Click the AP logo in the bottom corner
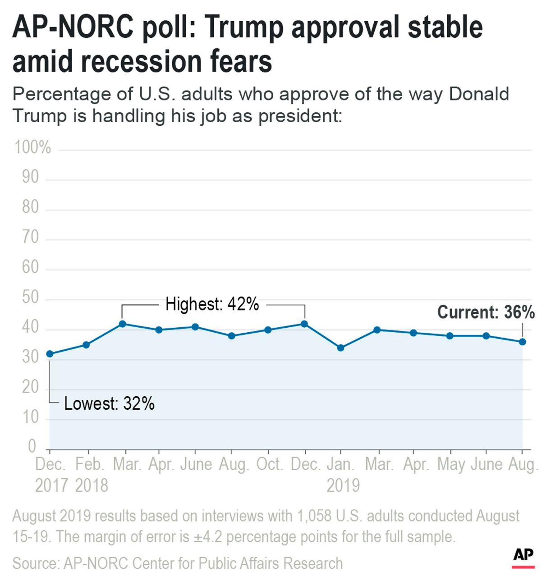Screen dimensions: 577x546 coord(523,557)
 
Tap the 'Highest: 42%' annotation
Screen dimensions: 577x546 coord(212,304)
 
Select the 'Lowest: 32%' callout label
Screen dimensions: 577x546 coord(109,403)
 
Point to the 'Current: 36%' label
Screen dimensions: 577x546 coord(486,312)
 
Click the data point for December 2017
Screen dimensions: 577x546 coord(50,354)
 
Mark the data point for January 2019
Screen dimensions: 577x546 coord(341,348)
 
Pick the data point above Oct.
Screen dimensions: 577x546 coord(268,330)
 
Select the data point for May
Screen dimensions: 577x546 coord(450,336)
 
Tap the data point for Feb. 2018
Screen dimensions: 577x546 coord(86,345)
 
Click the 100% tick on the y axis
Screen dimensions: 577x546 coord(32,147)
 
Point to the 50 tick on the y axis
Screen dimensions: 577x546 coord(30,298)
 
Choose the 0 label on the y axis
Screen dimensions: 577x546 coord(32,446)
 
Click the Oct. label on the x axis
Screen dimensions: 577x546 coord(270,464)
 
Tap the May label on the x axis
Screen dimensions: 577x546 coord(451,464)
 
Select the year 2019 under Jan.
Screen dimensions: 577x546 coord(343,485)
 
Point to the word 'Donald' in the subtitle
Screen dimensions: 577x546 coord(479,94)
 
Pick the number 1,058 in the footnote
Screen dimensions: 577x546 coord(314,516)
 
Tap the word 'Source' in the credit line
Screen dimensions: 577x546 coord(35,563)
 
